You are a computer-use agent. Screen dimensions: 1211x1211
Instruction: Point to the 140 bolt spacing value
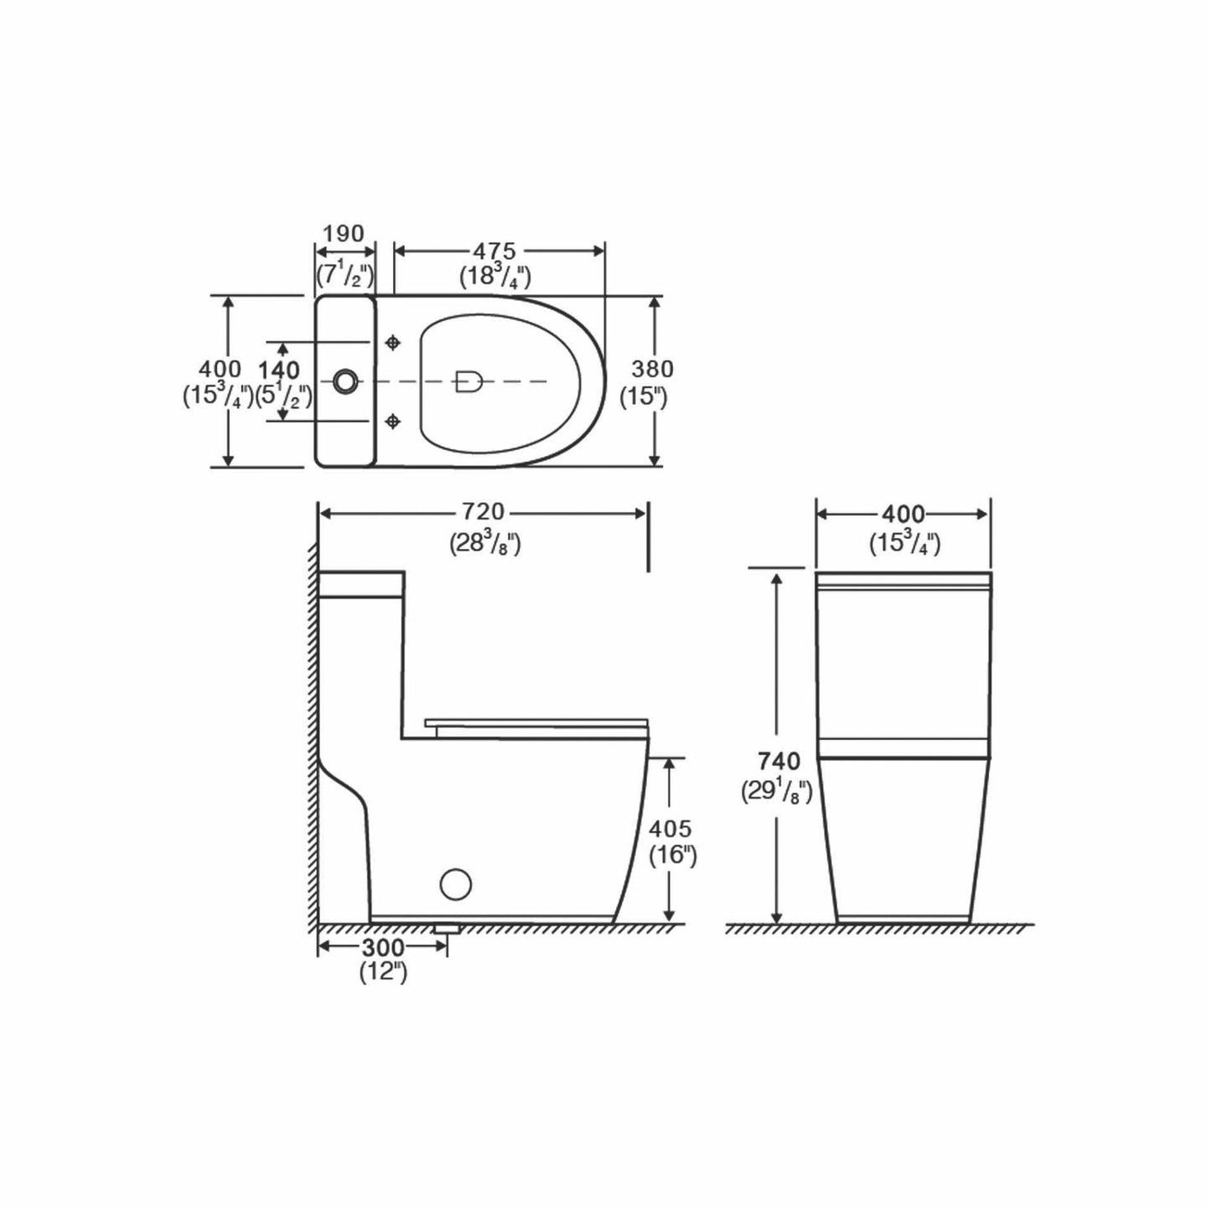pos(279,370)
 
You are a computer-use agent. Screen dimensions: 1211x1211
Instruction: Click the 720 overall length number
pos(484,512)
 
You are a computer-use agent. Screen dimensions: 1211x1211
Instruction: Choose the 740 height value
pos(779,761)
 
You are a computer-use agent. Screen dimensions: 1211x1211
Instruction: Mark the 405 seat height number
pos(670,829)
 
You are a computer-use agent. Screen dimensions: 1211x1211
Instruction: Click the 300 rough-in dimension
pos(382,947)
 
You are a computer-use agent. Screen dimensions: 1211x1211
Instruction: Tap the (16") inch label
pos(673,856)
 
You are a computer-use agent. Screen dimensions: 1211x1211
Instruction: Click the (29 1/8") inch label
pos(776,790)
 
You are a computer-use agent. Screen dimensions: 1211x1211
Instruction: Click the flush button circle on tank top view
pos(344,381)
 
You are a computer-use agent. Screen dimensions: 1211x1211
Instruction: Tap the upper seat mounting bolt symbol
pos(392,343)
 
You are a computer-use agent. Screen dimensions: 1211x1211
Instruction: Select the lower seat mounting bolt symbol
pos(392,421)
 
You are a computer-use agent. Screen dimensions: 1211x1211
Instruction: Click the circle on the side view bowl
pos(456,883)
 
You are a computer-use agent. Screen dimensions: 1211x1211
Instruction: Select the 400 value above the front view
pos(903,513)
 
